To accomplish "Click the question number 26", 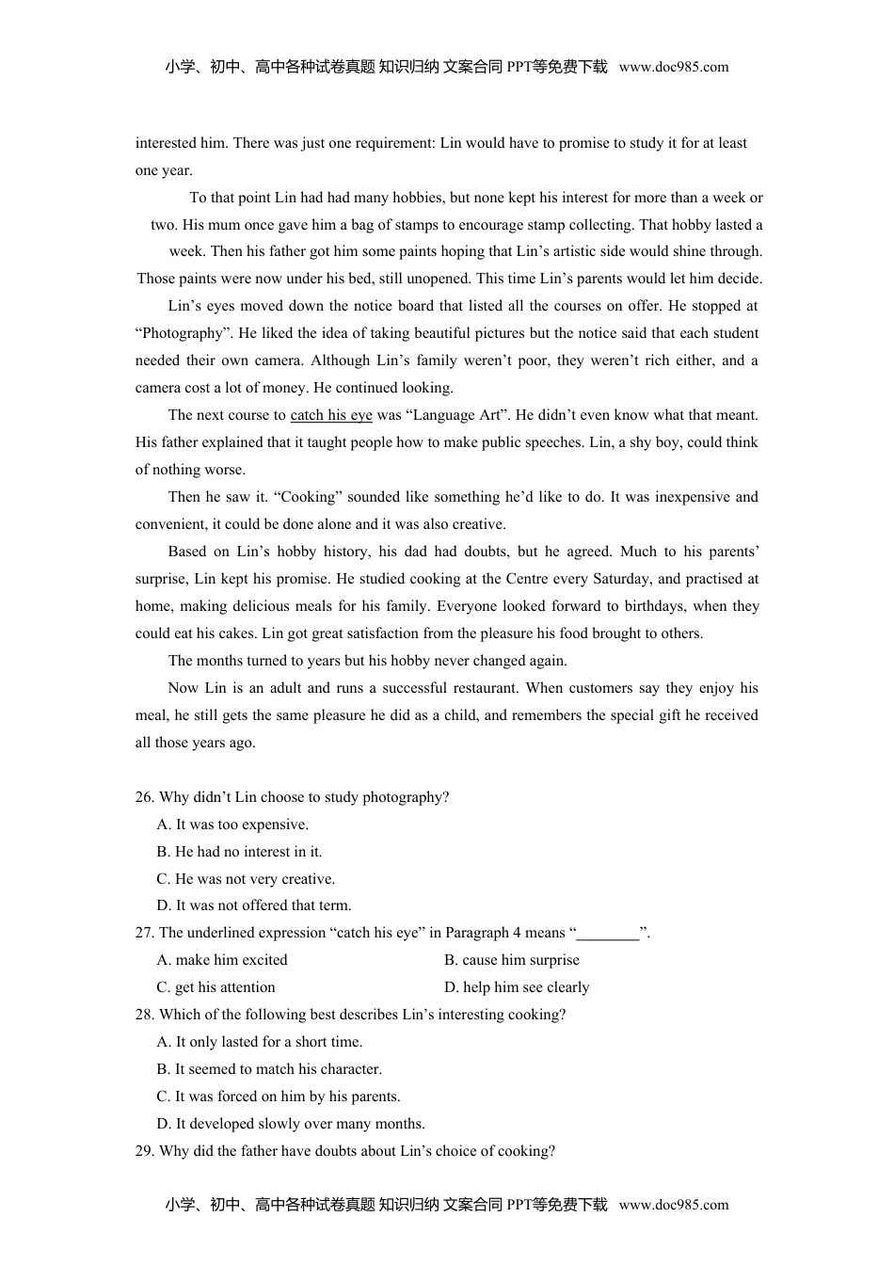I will [144, 797].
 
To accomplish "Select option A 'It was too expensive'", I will [232, 825].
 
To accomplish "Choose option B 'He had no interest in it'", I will [239, 852].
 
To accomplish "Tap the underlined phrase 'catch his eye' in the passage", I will [331, 415].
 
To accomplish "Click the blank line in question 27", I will [608, 934].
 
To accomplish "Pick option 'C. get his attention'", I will [216, 987].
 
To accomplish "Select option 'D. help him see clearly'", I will [517, 987].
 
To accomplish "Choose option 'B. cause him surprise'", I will [512, 960].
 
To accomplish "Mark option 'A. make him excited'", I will [222, 960].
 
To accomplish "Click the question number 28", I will [144, 1015].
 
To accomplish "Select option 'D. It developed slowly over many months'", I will [291, 1124].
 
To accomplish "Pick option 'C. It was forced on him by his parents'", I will [279, 1097].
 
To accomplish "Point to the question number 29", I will [144, 1151].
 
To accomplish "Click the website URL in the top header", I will [674, 67].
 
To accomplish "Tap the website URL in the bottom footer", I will [674, 1205].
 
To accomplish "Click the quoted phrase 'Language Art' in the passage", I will [456, 415].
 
